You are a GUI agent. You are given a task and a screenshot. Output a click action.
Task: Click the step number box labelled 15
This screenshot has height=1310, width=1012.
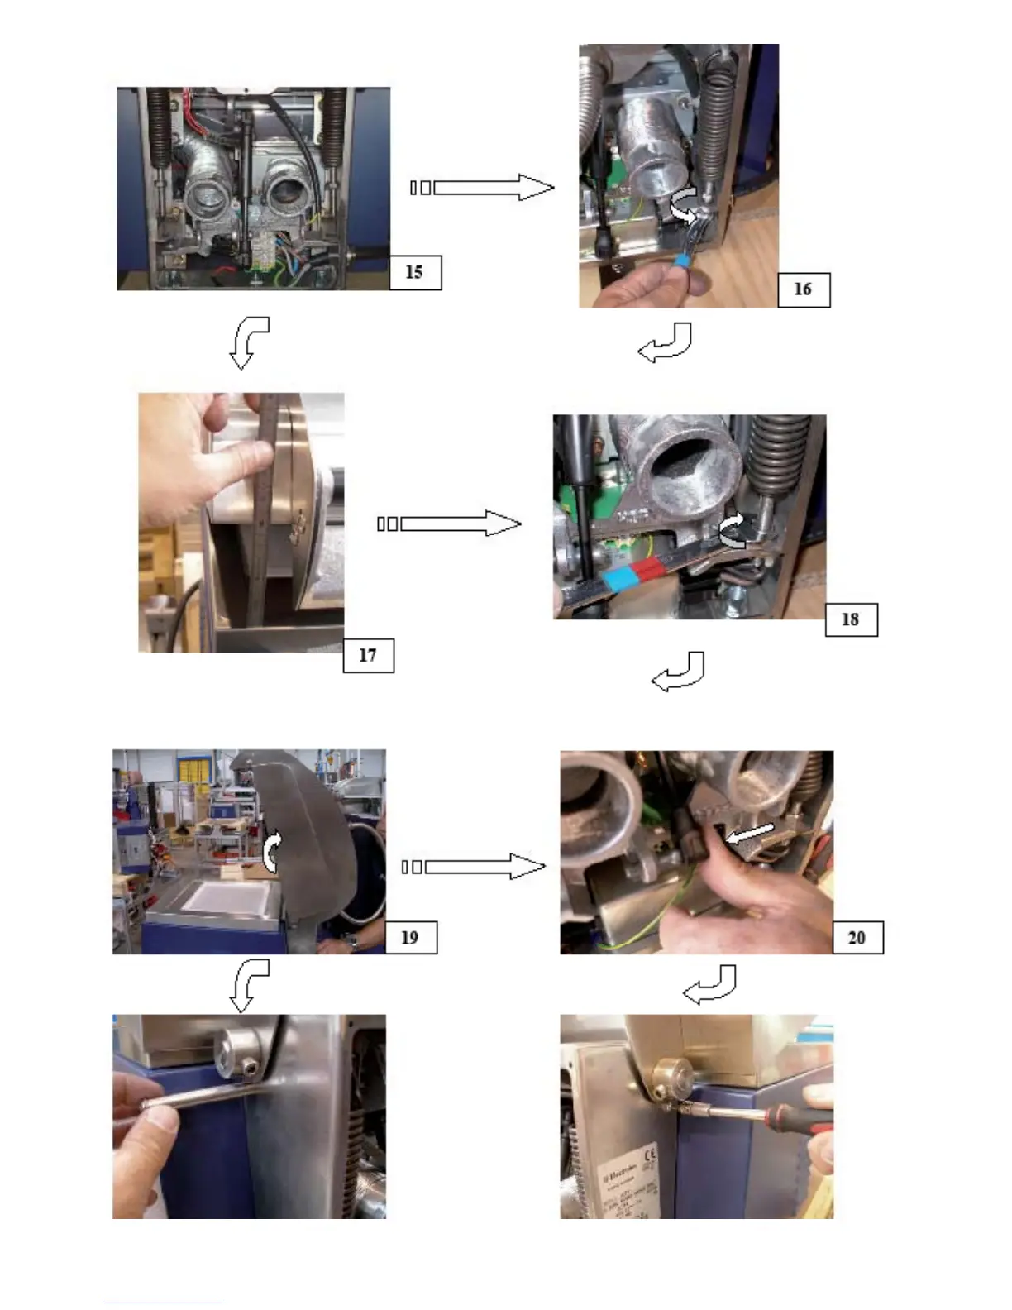(x=415, y=272)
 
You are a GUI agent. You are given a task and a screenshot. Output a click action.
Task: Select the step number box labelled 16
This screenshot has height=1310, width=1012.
(x=803, y=289)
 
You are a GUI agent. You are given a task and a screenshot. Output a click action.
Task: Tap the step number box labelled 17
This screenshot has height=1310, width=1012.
(x=368, y=655)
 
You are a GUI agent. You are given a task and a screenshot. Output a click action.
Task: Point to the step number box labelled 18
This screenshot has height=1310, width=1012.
(x=851, y=619)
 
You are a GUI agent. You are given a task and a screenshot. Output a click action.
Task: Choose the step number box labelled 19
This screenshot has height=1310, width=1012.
(x=410, y=937)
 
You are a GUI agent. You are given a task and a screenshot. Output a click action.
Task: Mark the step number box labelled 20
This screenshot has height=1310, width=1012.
(x=857, y=937)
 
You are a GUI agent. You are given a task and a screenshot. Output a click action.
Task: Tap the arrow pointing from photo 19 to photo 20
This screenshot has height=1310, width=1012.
(x=475, y=867)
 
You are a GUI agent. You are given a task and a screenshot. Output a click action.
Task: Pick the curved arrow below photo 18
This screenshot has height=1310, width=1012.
(x=680, y=672)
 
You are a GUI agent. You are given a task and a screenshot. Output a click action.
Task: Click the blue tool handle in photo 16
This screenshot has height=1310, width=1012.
(x=683, y=261)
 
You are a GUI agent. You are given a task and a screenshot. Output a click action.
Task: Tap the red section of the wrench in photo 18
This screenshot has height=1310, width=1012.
(x=648, y=569)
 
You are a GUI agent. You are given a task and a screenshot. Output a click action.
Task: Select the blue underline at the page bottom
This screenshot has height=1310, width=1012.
(x=164, y=1303)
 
